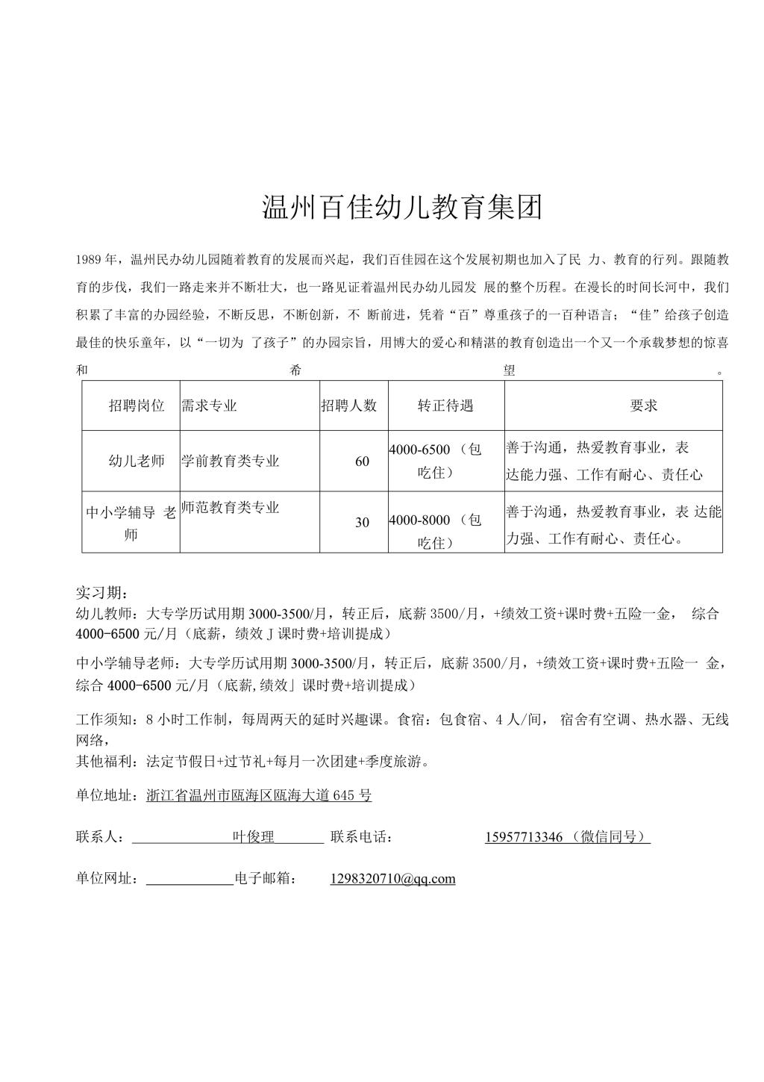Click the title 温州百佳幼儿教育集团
click(x=402, y=207)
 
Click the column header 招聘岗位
click(x=136, y=405)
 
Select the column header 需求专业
click(x=209, y=405)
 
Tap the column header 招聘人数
click(x=349, y=405)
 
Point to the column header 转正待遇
click(x=445, y=405)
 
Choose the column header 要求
click(x=643, y=405)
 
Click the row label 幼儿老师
click(x=137, y=461)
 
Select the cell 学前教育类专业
click(x=230, y=461)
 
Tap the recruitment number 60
click(x=362, y=461)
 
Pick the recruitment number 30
click(x=362, y=523)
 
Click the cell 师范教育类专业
click(x=230, y=508)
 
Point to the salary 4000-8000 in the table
click(x=419, y=520)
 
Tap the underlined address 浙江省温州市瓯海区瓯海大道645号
click(x=259, y=795)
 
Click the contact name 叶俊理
click(x=254, y=837)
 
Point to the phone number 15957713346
click(x=524, y=837)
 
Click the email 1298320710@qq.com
click(x=392, y=879)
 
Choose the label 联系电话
click(x=361, y=837)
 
